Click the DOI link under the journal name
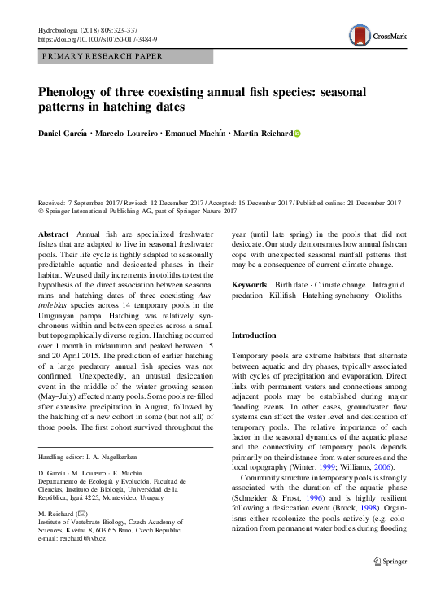pyautogui.click(x=98, y=39)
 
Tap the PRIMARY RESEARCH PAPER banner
pyautogui.click(x=102, y=56)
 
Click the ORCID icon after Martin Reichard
pyautogui.click(x=297, y=134)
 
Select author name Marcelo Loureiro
pyautogui.click(x=129, y=134)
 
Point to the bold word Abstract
pyautogui.click(x=55, y=234)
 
